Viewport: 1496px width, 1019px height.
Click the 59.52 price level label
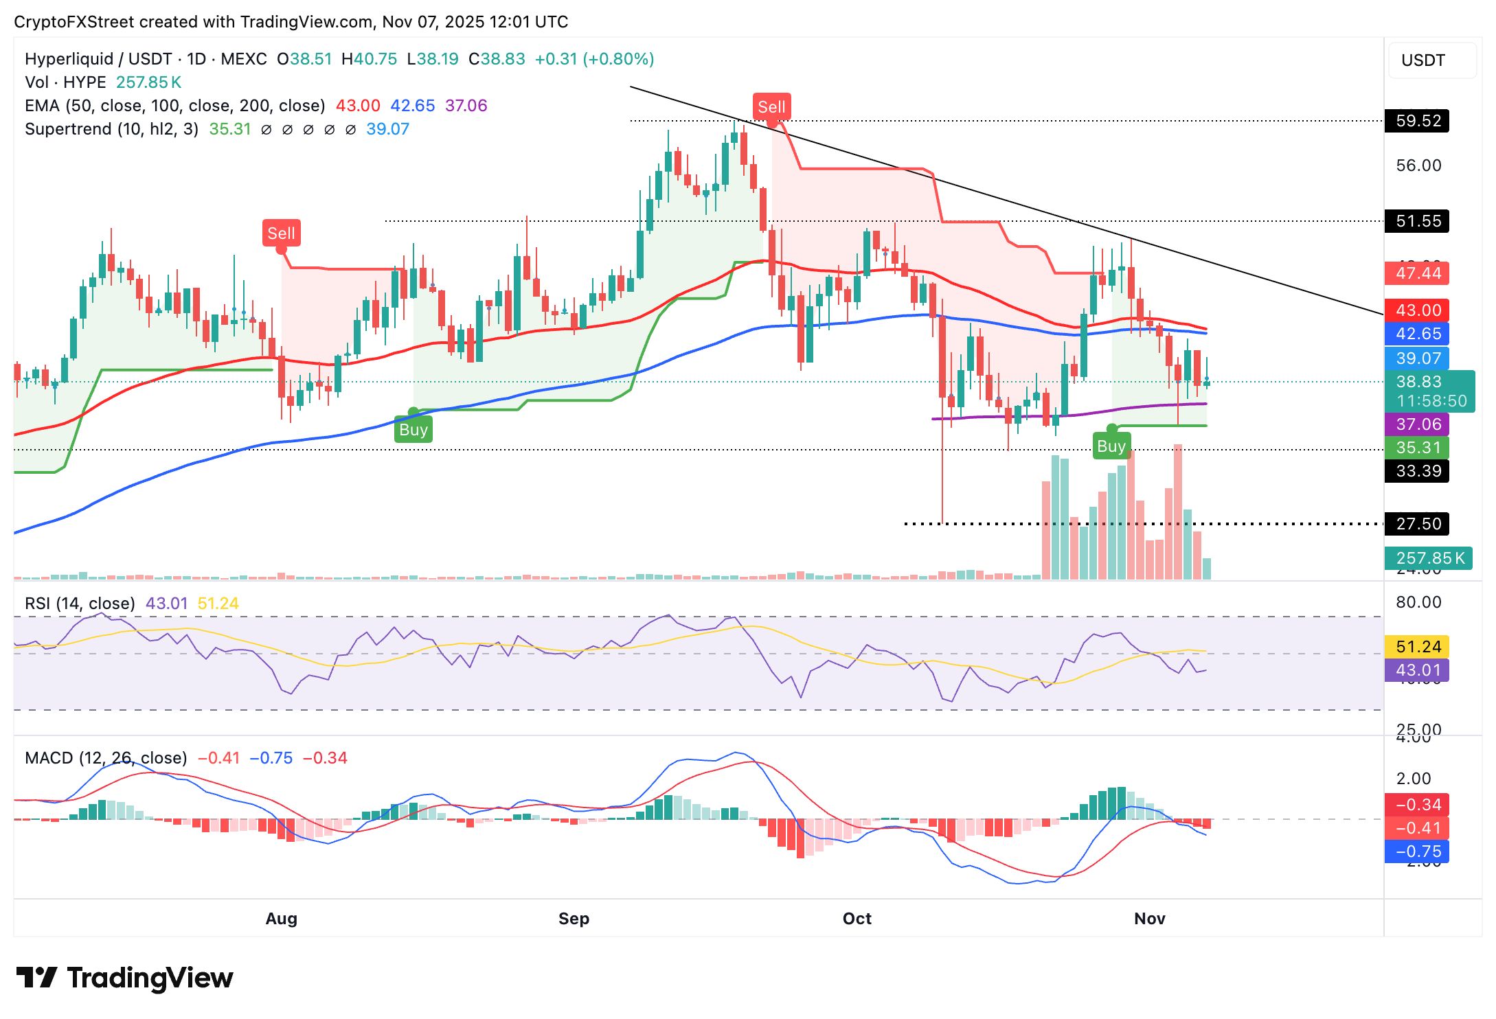click(x=1418, y=121)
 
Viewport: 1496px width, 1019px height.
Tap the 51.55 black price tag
click(x=1418, y=221)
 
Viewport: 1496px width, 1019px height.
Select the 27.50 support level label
click(x=1418, y=524)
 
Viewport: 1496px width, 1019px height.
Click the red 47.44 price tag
click(x=1418, y=273)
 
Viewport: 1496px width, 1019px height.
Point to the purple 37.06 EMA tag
click(x=1418, y=424)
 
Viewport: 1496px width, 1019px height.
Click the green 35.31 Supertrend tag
click(x=1418, y=448)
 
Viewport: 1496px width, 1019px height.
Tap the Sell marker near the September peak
click(x=771, y=107)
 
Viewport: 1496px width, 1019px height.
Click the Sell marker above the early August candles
click(x=281, y=233)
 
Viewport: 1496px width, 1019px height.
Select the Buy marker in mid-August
click(x=413, y=430)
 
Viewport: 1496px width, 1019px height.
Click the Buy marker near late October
click(x=1111, y=446)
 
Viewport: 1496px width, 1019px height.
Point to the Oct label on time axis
click(x=857, y=919)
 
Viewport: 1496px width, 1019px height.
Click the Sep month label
click(x=574, y=919)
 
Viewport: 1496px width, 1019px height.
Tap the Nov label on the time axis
click(x=1149, y=919)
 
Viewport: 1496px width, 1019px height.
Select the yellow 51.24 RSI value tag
click(x=1418, y=647)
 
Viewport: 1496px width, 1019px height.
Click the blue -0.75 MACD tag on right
click(x=1418, y=851)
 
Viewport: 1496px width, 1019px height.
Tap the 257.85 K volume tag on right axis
click(x=1429, y=558)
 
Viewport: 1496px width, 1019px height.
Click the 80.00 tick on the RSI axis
click(x=1418, y=602)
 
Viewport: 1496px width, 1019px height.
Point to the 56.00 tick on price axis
click(x=1418, y=165)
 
